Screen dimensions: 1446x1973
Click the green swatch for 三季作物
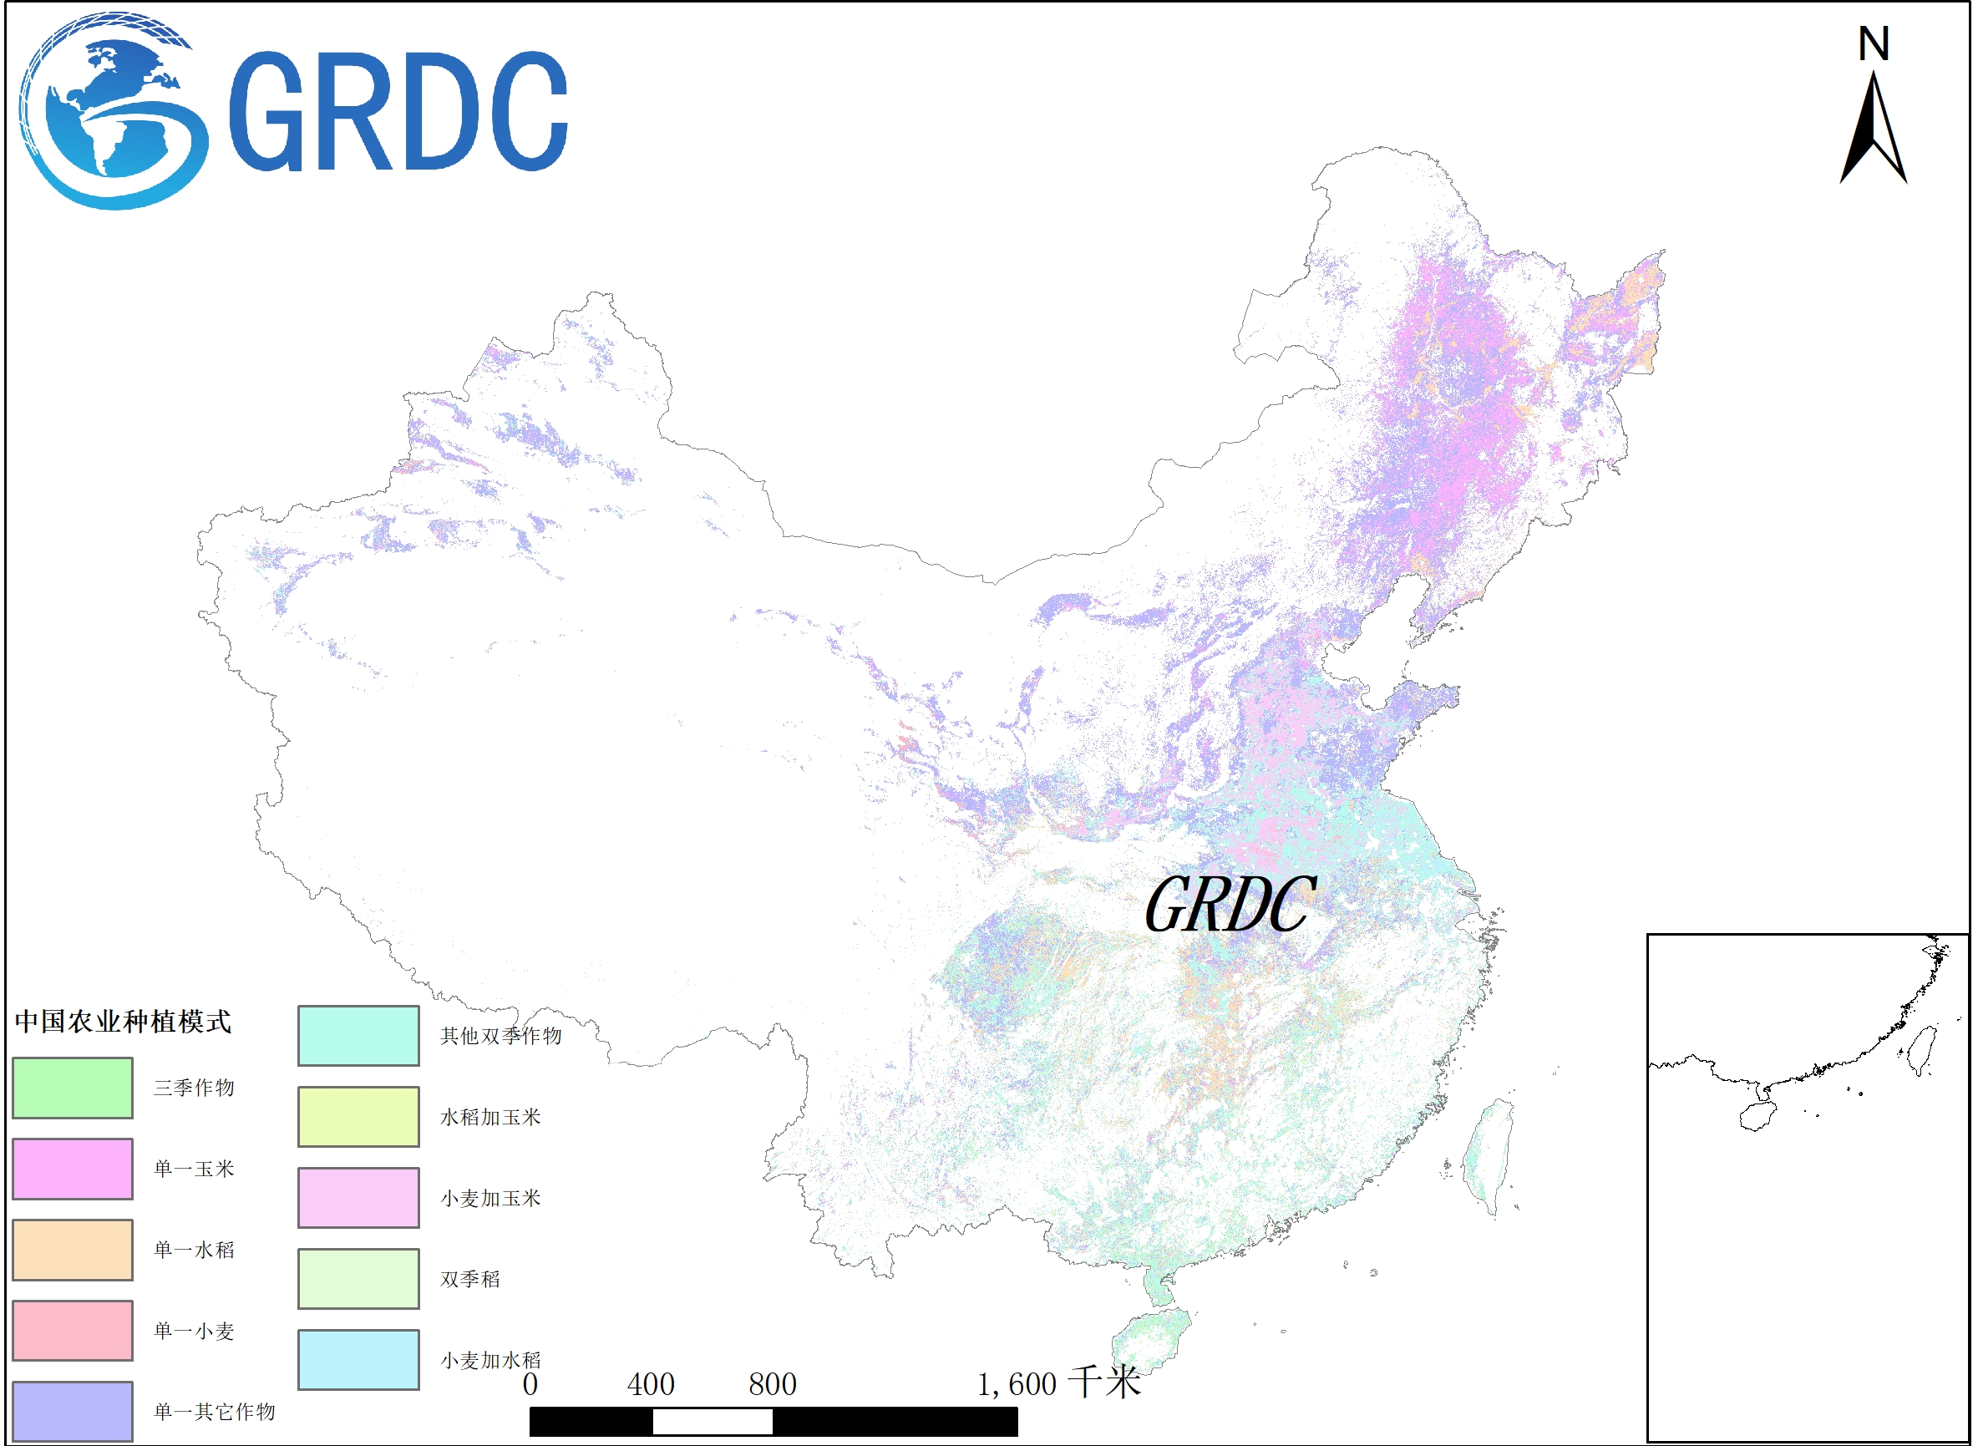click(x=73, y=1088)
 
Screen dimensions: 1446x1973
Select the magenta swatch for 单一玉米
click(x=73, y=1169)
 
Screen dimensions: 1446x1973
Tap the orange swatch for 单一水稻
click(x=73, y=1250)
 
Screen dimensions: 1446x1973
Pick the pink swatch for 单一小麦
click(x=73, y=1332)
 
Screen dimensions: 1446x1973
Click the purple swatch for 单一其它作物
click(x=73, y=1411)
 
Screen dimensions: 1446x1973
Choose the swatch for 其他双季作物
click(x=358, y=1037)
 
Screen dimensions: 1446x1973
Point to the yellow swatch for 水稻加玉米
click(x=358, y=1117)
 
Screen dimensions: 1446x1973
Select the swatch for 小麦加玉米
click(x=358, y=1198)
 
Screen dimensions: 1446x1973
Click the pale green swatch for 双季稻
click(x=358, y=1279)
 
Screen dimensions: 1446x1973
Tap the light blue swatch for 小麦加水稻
click(x=358, y=1360)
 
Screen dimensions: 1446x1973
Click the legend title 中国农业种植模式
click(x=124, y=1022)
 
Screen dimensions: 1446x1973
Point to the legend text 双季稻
click(x=470, y=1280)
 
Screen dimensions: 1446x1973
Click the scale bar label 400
click(x=651, y=1385)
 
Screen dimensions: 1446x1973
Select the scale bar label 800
click(x=772, y=1385)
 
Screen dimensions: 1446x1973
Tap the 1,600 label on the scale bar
click(x=1017, y=1385)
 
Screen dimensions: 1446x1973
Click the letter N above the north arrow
click(x=1874, y=43)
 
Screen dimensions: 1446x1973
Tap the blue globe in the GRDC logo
click(x=109, y=111)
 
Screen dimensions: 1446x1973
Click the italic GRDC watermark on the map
click(x=1230, y=905)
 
